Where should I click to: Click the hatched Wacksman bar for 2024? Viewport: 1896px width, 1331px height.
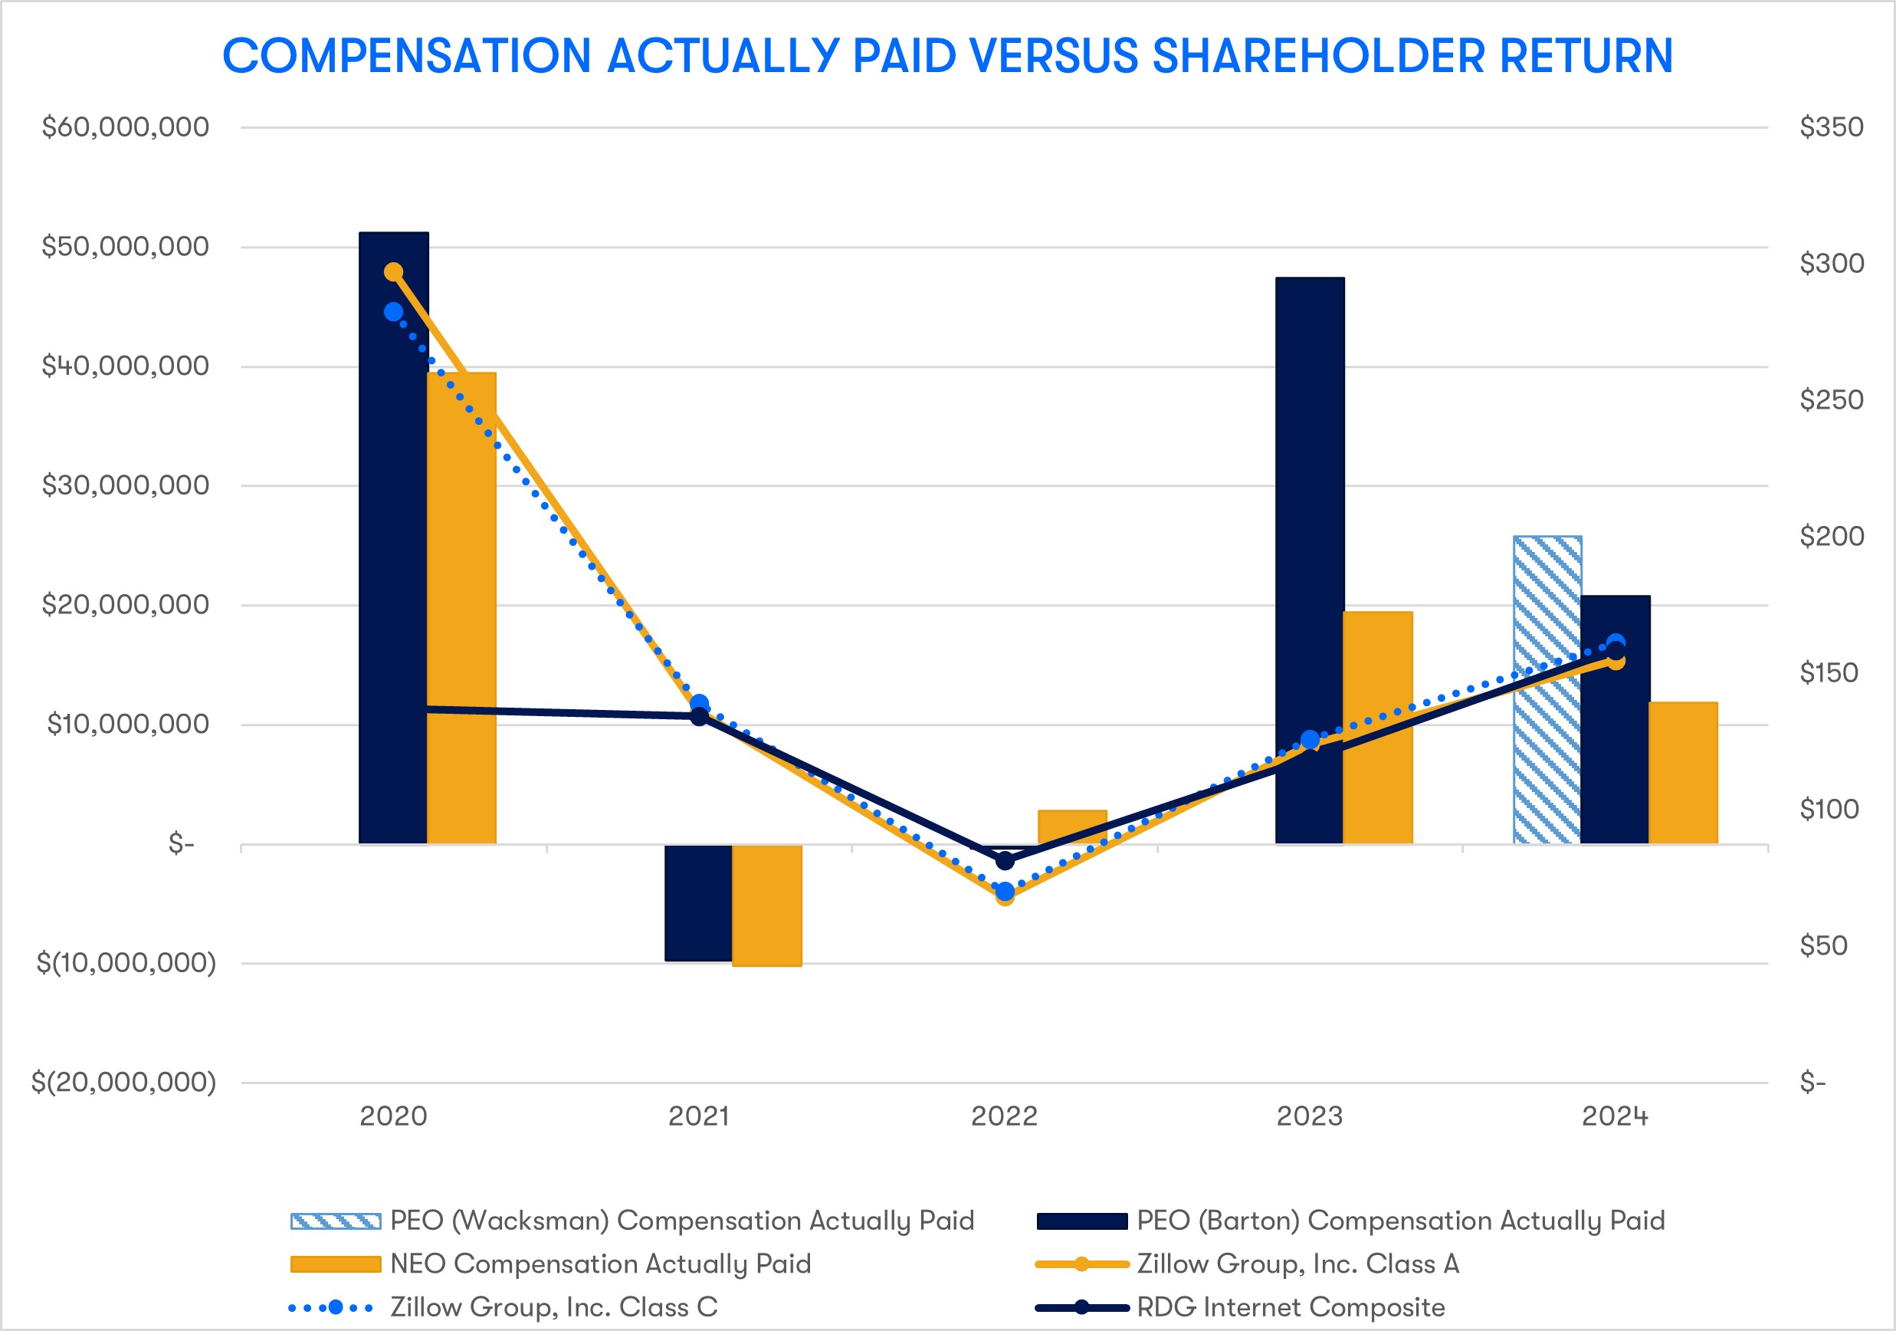pos(1547,690)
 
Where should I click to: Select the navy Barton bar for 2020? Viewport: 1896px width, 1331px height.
pos(393,537)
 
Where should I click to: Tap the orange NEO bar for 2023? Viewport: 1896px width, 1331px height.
pos(1377,727)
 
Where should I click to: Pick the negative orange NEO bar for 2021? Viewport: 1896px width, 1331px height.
pos(766,905)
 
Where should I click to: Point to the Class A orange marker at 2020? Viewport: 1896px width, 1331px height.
pos(394,272)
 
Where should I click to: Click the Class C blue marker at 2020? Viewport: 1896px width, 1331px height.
pos(394,311)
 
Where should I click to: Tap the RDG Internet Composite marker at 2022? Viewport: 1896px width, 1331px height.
pos(1005,860)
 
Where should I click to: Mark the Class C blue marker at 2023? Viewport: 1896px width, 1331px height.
pos(1310,739)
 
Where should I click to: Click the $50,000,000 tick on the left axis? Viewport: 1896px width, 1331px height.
pos(126,246)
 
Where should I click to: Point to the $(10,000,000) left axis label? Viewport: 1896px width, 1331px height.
pos(126,962)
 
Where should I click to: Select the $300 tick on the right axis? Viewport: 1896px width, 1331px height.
pos(1832,264)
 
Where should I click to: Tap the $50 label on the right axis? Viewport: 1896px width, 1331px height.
pos(1823,945)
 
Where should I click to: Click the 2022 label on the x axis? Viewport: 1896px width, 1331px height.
pos(1004,1116)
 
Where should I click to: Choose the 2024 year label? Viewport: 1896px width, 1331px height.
pos(1615,1116)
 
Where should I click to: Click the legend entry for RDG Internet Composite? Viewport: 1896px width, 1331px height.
pos(1290,1307)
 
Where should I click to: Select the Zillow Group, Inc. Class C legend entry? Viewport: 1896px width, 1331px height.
pos(553,1307)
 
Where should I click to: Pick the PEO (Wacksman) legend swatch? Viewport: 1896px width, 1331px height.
pos(335,1221)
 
